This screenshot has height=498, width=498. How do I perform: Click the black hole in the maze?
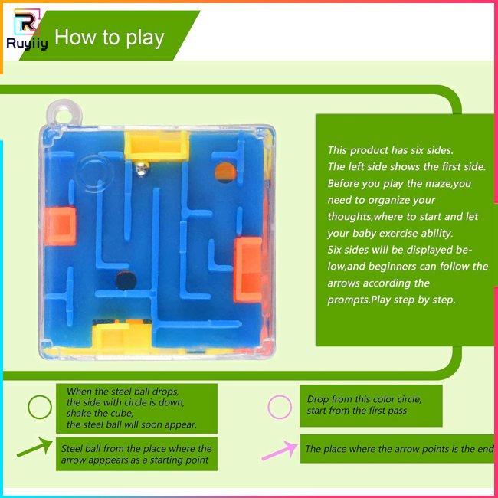126,280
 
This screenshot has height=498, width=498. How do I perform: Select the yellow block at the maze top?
157,146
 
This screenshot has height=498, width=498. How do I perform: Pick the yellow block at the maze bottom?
123,335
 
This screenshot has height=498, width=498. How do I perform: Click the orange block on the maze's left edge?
61,226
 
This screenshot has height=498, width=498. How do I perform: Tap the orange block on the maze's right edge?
248,270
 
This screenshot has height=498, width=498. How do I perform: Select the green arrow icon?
35,447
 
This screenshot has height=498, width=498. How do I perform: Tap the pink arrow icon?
280,450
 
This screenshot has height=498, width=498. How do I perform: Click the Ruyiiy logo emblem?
27,21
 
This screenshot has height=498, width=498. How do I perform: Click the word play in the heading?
145,38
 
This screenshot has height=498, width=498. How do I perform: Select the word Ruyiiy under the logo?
27,43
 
